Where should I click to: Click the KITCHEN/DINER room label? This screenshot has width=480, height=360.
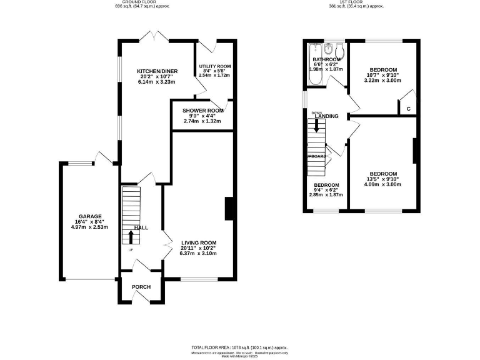coord(156,72)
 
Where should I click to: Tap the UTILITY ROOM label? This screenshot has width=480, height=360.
coord(215,66)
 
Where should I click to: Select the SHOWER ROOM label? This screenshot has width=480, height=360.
coord(203,111)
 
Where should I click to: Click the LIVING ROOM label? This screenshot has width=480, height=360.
coord(199,242)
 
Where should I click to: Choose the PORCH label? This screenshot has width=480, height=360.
coord(141,287)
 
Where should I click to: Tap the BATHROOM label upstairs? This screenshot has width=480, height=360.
coord(326,59)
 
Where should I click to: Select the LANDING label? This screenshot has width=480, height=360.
coord(327,116)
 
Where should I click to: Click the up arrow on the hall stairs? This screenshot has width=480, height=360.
coord(131,237)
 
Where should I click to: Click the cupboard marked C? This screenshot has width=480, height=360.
coord(408,109)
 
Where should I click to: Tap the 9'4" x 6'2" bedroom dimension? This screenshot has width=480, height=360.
coord(326,190)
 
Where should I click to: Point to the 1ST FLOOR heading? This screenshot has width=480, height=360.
coord(356,2)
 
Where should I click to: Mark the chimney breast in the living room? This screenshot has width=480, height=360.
coord(229,208)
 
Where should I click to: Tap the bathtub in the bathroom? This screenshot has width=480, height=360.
coord(314,66)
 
